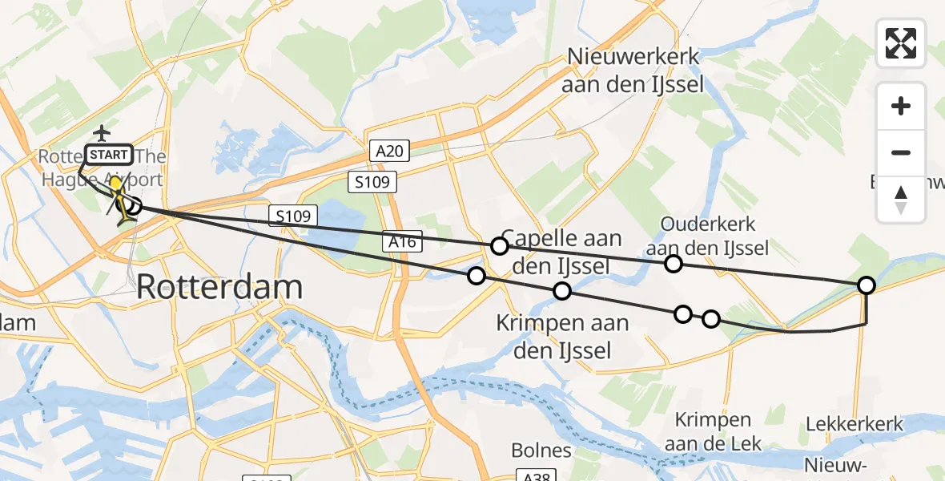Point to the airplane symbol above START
pyautogui.click(x=102, y=131)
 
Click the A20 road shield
pyautogui.click(x=391, y=150)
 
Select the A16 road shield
pyautogui.click(x=403, y=241)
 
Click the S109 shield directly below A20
pyautogui.click(x=373, y=182)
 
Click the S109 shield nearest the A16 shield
pyautogui.click(x=293, y=215)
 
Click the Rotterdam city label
pyautogui.click(x=220, y=286)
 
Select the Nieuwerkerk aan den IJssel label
pyautogui.click(x=633, y=71)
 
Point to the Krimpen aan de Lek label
pyautogui.click(x=713, y=432)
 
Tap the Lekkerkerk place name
pyautogui.click(x=855, y=424)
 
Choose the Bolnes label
pyautogui.click(x=542, y=450)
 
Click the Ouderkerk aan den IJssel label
pyautogui.click(x=708, y=236)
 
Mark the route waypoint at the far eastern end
pyautogui.click(x=866, y=285)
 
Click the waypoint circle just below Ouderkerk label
pyautogui.click(x=673, y=263)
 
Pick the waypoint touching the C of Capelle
pyautogui.click(x=499, y=246)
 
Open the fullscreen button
pyautogui.click(x=901, y=43)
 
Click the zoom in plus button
pyautogui.click(x=901, y=106)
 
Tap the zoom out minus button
pyautogui.click(x=901, y=152)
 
